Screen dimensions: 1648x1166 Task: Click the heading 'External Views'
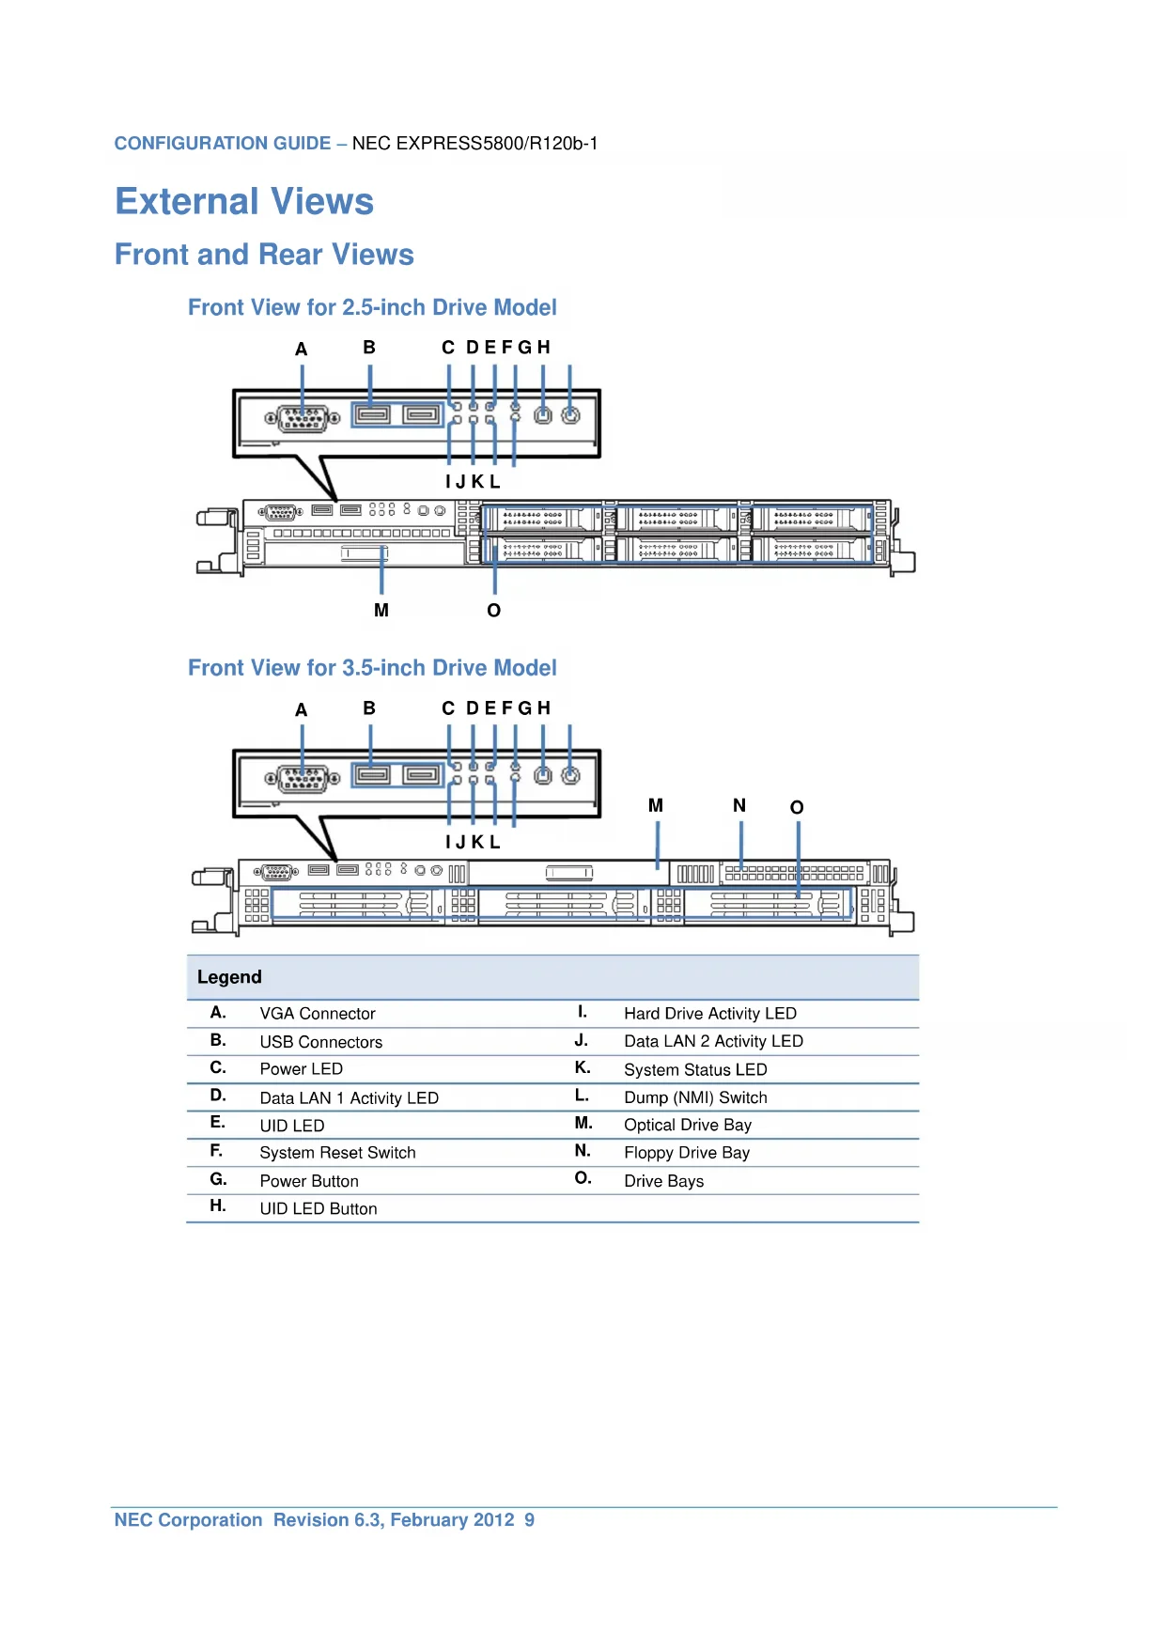[244, 201]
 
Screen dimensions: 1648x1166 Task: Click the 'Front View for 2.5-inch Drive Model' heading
[372, 307]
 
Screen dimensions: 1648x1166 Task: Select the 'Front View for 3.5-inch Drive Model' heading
[372, 668]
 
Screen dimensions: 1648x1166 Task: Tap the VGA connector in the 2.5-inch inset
[303, 418]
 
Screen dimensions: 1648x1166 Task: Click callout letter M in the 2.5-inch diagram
[381, 611]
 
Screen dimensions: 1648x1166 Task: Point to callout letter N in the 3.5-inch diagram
[739, 805]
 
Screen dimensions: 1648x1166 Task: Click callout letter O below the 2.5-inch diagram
[494, 611]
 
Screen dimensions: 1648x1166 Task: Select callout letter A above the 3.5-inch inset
[302, 709]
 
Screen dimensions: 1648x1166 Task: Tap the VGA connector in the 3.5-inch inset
[303, 779]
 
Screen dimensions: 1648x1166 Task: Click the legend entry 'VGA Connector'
[318, 1014]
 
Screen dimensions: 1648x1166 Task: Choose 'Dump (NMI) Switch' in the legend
[695, 1097]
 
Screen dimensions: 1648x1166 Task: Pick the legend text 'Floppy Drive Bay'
[687, 1153]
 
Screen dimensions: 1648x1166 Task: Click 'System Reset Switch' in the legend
[337, 1153]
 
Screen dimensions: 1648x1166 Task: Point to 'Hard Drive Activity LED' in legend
[710, 1014]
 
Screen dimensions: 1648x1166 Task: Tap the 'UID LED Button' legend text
[319, 1209]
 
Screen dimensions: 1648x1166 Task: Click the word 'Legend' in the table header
[229, 977]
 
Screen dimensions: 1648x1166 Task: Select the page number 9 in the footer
[530, 1520]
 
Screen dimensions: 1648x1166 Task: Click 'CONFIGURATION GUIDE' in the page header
[223, 144]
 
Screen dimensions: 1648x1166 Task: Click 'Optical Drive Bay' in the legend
[688, 1125]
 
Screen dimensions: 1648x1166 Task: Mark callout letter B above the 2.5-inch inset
[369, 348]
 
